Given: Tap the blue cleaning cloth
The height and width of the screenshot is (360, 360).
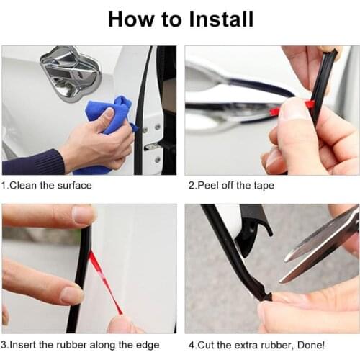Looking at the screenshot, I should [x=108, y=130].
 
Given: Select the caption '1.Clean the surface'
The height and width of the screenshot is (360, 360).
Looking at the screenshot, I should [x=47, y=185].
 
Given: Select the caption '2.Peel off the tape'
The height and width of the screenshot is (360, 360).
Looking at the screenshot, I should [x=230, y=185].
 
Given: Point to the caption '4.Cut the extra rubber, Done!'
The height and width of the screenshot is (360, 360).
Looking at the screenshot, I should [x=256, y=345].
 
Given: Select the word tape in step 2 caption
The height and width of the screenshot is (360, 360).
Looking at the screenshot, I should [x=261, y=185].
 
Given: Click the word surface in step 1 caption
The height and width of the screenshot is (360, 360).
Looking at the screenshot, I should [x=74, y=185].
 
